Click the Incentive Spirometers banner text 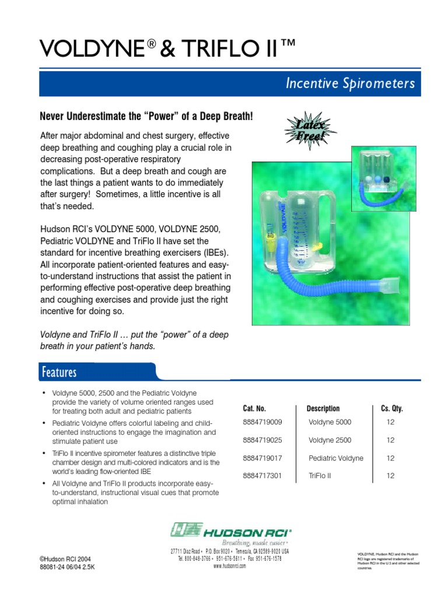coord(350,84)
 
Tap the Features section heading coord(59,372)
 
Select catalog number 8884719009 coord(262,422)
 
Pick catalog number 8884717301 coord(262,476)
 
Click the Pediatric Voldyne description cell coord(335,458)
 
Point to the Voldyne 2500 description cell coord(330,440)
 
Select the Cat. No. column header coord(254,409)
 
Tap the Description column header coord(323,409)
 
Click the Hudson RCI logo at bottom coord(230,530)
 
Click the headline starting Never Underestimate coord(146,117)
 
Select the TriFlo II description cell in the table coord(320,476)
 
